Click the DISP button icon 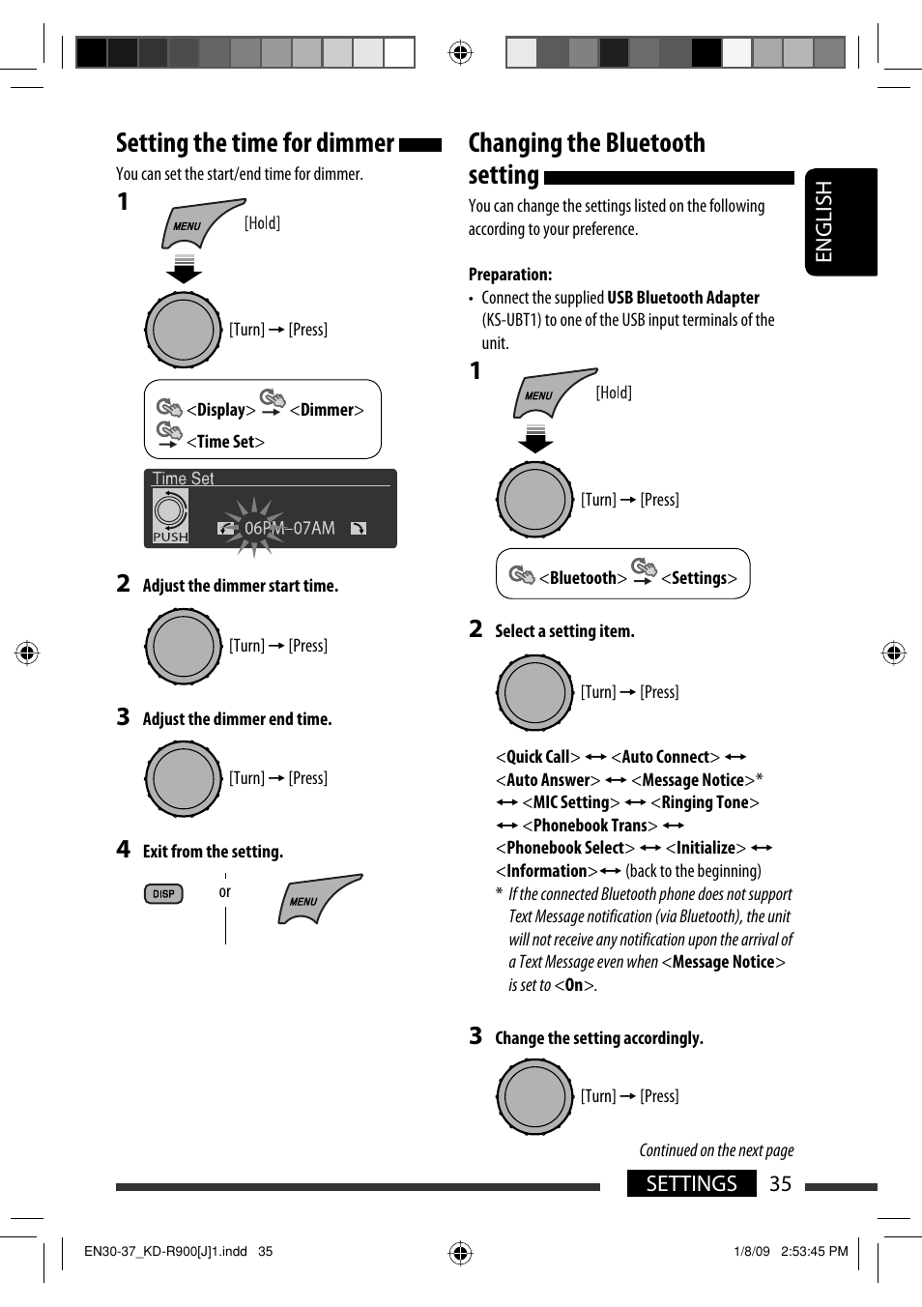tap(163, 894)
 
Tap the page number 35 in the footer tap(780, 1184)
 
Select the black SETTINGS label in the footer tap(691, 1183)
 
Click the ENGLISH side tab tap(841, 221)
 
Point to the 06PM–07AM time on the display tap(289, 528)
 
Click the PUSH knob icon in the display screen tap(170, 516)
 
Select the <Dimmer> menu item tap(327, 410)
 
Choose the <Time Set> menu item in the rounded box tap(225, 442)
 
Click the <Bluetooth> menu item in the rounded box tap(583, 578)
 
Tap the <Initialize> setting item tap(706, 848)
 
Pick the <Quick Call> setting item tap(537, 757)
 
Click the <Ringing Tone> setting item tap(706, 802)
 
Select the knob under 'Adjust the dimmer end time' tap(184, 778)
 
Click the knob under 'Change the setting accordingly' tap(534, 1096)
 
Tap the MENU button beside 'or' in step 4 tap(318, 899)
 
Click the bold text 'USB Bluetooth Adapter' tap(683, 298)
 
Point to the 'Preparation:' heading tap(510, 275)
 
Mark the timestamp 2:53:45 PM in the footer tap(814, 1251)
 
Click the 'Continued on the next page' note tap(716, 1150)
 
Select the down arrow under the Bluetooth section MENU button tap(535, 439)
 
